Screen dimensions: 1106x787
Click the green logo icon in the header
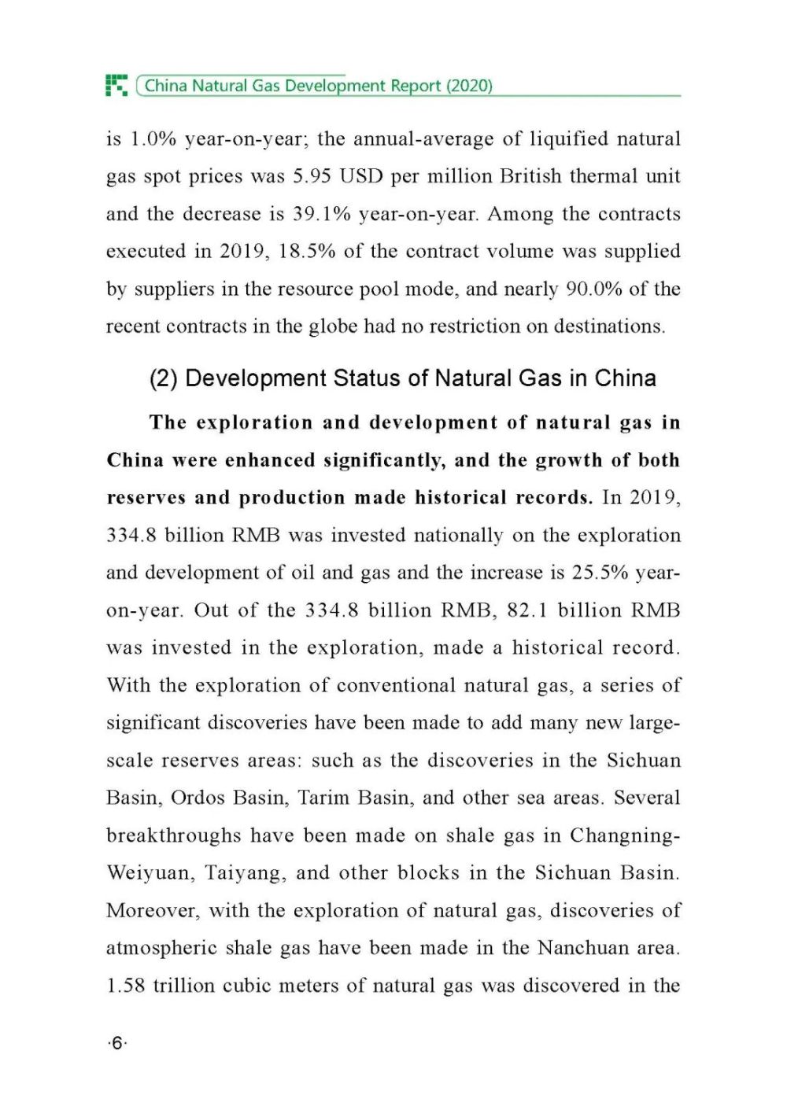click(x=116, y=85)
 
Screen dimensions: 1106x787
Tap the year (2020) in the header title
click(x=469, y=86)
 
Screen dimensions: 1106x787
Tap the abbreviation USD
click(x=362, y=176)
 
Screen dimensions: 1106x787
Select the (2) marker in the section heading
click(x=164, y=378)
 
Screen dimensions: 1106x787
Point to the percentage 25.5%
click(x=600, y=573)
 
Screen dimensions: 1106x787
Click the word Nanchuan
click(x=583, y=948)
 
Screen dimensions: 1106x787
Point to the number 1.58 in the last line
click(x=126, y=986)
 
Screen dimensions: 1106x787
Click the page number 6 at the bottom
click(x=116, y=1044)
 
